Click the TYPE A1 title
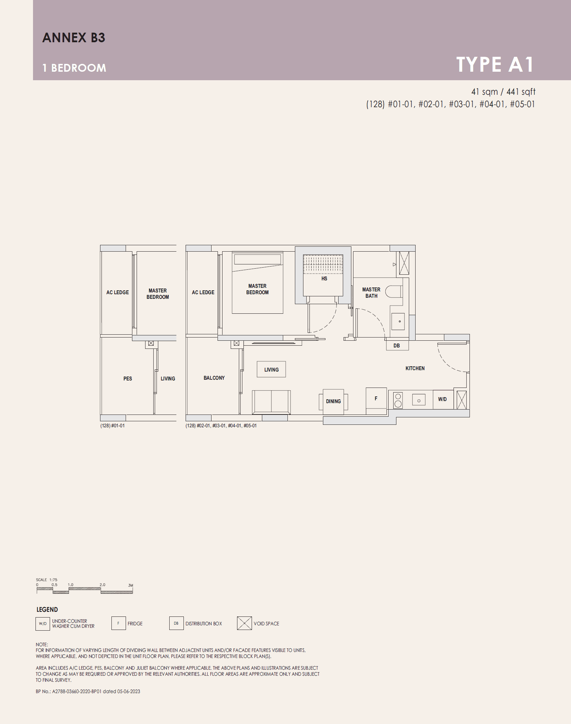[495, 65]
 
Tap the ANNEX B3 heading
[74, 38]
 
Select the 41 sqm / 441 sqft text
[503, 92]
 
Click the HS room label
[324, 279]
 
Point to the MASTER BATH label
[371, 293]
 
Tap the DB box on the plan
[397, 346]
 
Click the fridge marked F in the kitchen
[376, 399]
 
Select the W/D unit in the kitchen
[443, 399]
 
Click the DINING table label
[333, 401]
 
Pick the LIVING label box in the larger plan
[271, 370]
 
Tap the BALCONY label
[214, 378]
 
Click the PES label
[128, 379]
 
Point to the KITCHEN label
[415, 368]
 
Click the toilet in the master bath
[394, 292]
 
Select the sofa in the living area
[271, 402]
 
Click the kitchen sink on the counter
[419, 400]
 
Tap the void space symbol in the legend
[244, 623]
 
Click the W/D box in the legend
[43, 624]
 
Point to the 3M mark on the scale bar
[131, 585]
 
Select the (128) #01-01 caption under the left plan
[112, 426]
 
